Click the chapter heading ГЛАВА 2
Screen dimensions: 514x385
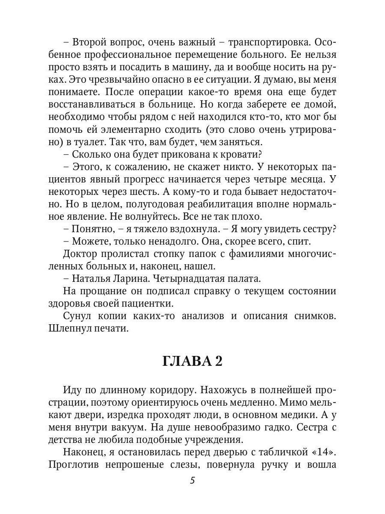coord(192,361)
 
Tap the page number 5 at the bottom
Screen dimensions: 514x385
coord(192,480)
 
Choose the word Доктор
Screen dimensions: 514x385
coord(80,254)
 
